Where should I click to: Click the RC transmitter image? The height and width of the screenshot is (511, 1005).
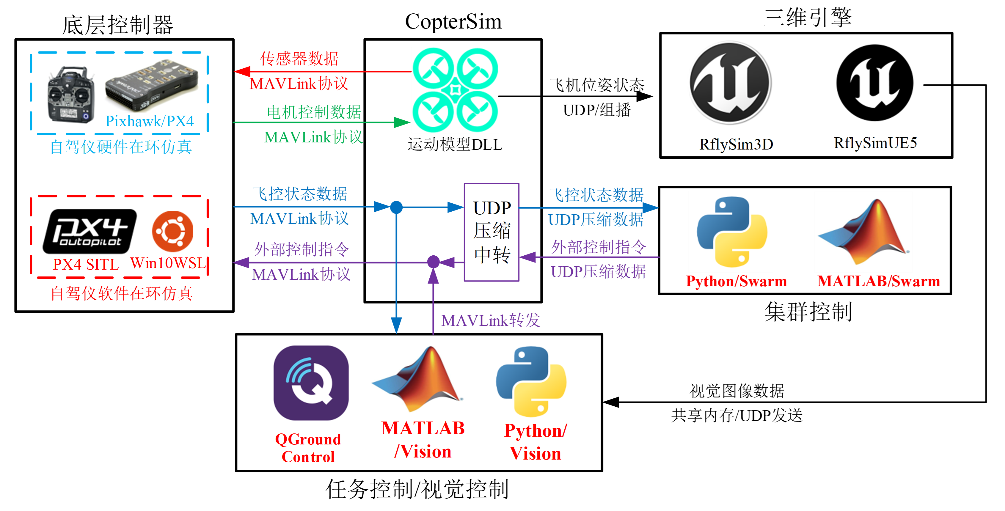point(70,94)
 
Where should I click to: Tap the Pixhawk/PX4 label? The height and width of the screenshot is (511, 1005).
point(150,121)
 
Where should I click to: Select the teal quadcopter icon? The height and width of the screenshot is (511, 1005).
point(455,90)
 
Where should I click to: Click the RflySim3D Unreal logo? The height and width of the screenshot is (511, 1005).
point(730,83)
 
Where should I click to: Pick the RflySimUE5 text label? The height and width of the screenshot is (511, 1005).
point(875,143)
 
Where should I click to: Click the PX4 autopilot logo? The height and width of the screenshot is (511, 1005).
point(90,231)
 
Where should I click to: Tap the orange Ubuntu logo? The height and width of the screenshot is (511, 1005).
point(172,231)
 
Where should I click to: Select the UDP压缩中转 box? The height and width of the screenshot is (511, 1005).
point(491,232)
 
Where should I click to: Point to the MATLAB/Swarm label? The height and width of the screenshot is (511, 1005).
point(879,281)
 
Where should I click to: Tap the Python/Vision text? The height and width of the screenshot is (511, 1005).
point(535,442)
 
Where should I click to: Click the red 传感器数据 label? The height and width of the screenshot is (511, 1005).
point(299,59)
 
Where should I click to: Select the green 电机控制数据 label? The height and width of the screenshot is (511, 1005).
point(314,112)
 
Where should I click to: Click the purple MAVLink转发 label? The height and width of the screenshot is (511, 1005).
point(490,321)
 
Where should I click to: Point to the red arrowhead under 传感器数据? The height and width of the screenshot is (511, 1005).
point(242,72)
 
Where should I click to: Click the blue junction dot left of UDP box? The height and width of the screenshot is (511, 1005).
point(396,207)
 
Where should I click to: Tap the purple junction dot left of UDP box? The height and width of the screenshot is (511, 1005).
point(434,262)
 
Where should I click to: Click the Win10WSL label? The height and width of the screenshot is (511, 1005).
point(168,263)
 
